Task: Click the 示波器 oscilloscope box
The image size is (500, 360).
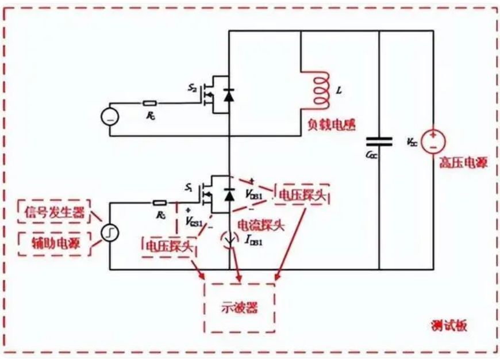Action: pyautogui.click(x=240, y=307)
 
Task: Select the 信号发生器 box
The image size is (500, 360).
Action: pyautogui.click(x=55, y=212)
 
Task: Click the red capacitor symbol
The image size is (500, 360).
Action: pyautogui.click(x=379, y=141)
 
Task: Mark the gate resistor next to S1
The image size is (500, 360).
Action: pyautogui.click(x=159, y=202)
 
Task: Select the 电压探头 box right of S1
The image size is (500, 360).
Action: pyautogui.click(x=302, y=194)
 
